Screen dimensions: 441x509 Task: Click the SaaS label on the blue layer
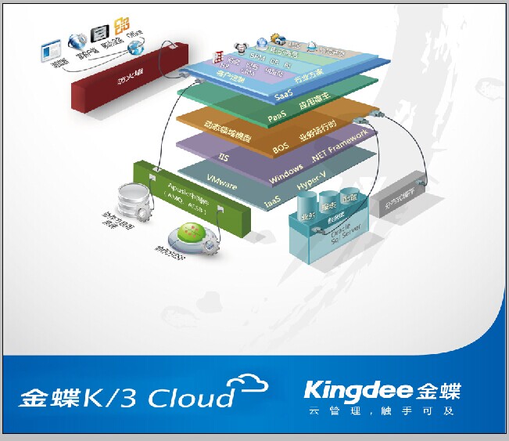pyautogui.click(x=284, y=95)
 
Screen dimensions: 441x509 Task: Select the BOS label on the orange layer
pyautogui.click(x=280, y=146)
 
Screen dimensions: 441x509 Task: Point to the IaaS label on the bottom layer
pyautogui.click(x=274, y=201)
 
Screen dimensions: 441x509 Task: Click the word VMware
pyautogui.click(x=221, y=180)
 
